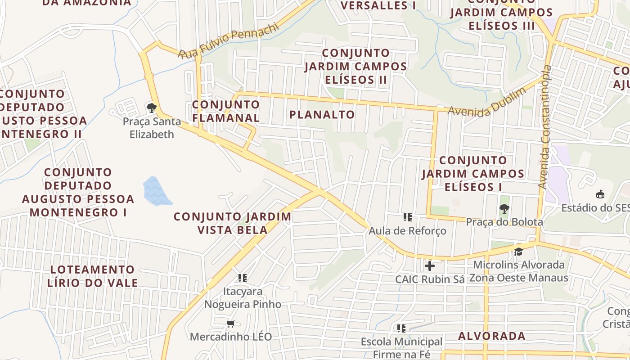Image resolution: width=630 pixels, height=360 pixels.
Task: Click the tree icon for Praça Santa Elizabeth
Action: (151, 108)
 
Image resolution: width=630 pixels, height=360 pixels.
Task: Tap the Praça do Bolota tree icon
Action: (504, 209)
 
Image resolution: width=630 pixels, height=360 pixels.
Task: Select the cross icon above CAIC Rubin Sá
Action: (430, 266)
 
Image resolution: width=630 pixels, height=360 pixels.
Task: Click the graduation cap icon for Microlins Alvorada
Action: (518, 252)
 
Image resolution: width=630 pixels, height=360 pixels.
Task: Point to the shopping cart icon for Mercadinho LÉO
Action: (231, 324)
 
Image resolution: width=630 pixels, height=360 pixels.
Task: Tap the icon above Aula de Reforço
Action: (408, 218)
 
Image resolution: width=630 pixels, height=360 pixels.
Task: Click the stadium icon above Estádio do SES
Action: (600, 194)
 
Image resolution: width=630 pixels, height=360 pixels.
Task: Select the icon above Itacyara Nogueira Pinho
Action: (243, 278)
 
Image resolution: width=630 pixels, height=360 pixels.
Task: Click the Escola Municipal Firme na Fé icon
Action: (401, 328)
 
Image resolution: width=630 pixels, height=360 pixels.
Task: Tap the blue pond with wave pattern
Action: (155, 191)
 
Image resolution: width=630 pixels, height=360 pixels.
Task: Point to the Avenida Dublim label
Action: (487, 103)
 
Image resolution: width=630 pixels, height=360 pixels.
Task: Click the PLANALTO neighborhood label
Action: (322, 115)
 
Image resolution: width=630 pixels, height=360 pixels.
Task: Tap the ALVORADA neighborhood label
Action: (492, 336)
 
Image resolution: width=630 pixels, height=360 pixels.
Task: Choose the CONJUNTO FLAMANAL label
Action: (226, 111)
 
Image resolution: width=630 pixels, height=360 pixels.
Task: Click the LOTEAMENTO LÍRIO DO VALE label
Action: (92, 276)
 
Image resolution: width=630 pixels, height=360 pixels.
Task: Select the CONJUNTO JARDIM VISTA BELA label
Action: (233, 223)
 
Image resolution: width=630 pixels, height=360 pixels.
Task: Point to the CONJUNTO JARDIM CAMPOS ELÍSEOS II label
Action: (355, 67)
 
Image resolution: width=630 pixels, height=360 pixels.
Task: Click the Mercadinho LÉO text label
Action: (231, 337)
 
